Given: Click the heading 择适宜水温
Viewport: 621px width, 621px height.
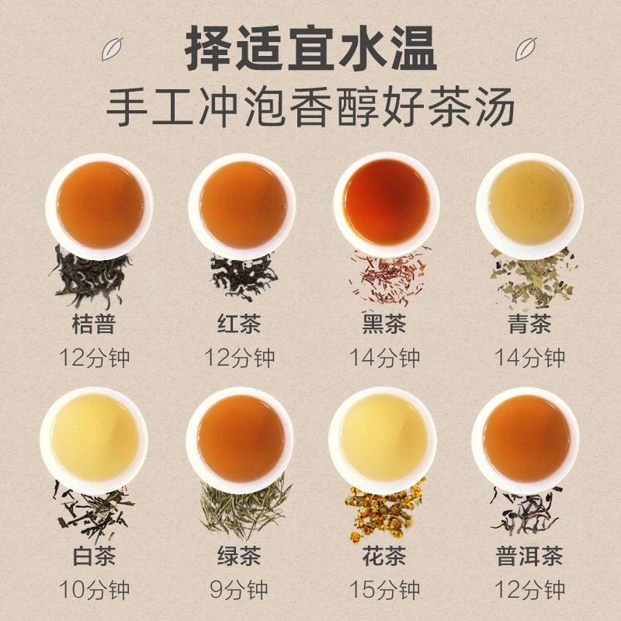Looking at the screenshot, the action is (x=310, y=48).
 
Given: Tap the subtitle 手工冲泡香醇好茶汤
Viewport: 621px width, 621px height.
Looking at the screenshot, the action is (x=310, y=107).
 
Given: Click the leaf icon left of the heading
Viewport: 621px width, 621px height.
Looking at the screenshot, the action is (x=112, y=49).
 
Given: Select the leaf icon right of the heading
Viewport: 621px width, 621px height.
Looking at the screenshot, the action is (x=526, y=49).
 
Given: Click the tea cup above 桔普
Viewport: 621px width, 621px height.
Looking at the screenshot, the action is (x=100, y=206).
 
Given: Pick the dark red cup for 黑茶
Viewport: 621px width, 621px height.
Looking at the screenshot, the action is (x=387, y=204).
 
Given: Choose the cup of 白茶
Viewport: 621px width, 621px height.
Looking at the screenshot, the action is (x=94, y=439).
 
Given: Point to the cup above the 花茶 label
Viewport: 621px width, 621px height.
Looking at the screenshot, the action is (x=383, y=439).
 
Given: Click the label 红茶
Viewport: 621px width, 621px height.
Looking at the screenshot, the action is (x=239, y=324).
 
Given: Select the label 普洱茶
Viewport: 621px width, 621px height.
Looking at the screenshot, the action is (x=529, y=556).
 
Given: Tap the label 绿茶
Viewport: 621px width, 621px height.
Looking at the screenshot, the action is (x=239, y=556).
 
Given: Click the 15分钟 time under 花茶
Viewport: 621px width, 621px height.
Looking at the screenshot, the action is (x=384, y=590).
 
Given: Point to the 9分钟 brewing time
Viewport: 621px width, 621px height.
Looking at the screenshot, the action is (x=239, y=590).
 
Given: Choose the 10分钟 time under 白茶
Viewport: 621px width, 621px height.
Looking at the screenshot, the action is (x=94, y=590).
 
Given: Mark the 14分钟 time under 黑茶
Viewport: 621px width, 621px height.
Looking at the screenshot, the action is (x=384, y=358).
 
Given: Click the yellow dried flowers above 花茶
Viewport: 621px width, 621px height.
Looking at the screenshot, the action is (x=383, y=511).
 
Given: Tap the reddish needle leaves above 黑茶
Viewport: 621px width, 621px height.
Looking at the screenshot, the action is (x=388, y=277).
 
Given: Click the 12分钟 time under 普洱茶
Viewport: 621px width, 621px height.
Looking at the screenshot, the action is (x=529, y=590).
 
